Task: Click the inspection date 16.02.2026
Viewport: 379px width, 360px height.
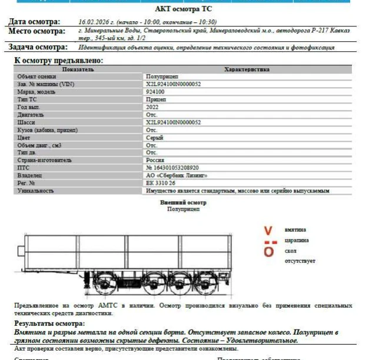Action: coord(94,22)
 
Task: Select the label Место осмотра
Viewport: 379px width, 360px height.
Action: coord(36,31)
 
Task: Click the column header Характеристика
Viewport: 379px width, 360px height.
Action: coord(247,69)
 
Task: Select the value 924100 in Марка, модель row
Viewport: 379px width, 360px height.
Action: coord(156,92)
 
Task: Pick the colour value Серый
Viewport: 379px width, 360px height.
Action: coord(154,137)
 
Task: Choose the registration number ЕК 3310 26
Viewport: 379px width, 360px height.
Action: coord(161,183)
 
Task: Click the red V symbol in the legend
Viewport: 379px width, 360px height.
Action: coord(268,230)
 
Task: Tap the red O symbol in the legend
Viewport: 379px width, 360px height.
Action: coord(268,251)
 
